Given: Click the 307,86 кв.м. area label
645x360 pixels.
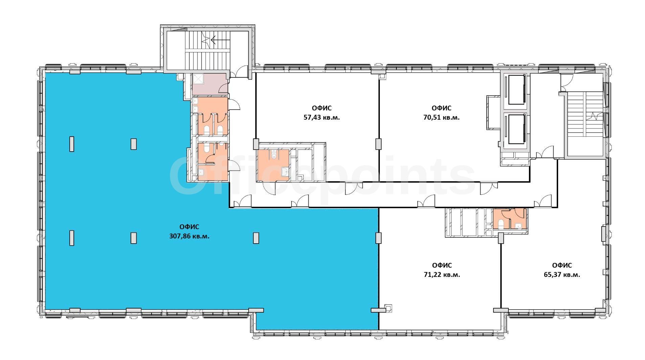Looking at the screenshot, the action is tap(189, 236).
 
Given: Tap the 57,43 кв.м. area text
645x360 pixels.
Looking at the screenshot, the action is tap(322, 117).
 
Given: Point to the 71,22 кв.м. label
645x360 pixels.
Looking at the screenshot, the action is tap(442, 275).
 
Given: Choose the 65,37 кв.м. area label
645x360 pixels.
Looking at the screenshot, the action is tap(562, 275).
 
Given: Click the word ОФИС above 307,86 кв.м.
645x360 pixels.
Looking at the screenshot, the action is tap(189, 227).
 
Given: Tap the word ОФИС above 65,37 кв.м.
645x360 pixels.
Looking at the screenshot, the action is tap(562, 265).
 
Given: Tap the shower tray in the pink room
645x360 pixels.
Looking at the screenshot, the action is tap(198, 79).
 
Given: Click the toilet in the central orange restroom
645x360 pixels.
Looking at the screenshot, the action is tap(274, 155).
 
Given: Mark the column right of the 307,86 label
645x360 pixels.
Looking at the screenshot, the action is tap(256, 238).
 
